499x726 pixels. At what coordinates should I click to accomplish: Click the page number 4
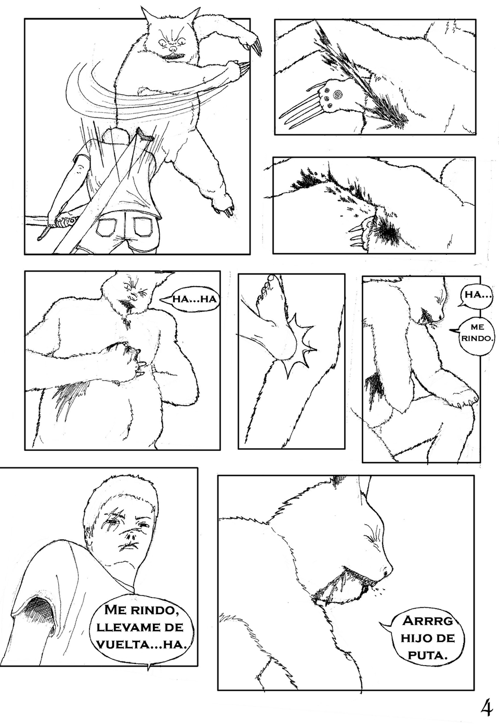pyautogui.click(x=487, y=707)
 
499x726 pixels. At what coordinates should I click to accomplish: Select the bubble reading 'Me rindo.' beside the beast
pyautogui.click(x=477, y=332)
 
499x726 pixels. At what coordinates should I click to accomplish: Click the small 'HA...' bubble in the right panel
pyautogui.click(x=475, y=295)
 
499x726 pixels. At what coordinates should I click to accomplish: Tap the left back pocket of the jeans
pyautogui.click(x=108, y=227)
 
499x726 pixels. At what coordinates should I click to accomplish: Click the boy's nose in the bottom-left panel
pyautogui.click(x=133, y=531)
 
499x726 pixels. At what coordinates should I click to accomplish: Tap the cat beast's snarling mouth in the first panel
pyautogui.click(x=173, y=52)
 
